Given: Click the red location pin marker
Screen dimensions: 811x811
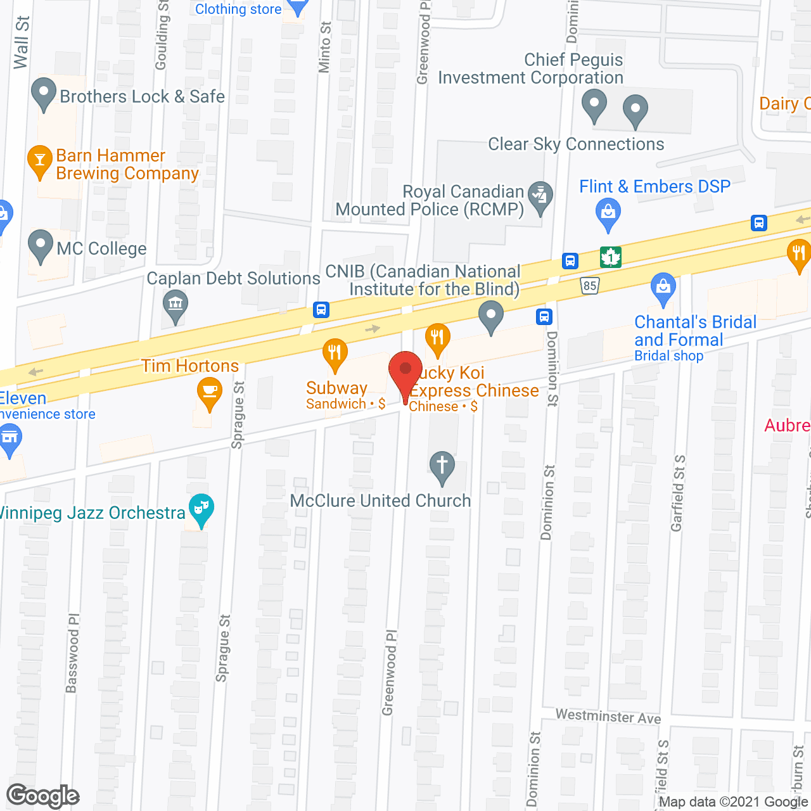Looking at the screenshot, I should pyautogui.click(x=405, y=371).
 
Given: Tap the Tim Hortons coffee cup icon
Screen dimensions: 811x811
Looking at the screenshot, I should pyautogui.click(x=209, y=392).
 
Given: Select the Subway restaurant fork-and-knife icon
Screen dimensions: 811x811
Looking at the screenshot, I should pyautogui.click(x=335, y=354).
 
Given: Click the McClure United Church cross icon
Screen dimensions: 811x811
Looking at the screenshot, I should pyautogui.click(x=442, y=466).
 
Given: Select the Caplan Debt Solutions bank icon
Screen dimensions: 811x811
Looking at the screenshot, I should pyautogui.click(x=175, y=304).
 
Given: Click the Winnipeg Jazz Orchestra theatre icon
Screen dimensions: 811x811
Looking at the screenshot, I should pyautogui.click(x=201, y=509).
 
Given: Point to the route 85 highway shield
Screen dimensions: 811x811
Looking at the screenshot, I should pyautogui.click(x=590, y=286).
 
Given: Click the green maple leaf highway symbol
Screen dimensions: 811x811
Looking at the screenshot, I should pyautogui.click(x=611, y=257).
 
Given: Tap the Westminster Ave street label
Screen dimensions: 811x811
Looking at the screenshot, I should pyautogui.click(x=608, y=717).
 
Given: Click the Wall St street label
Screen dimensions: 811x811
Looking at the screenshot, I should pyautogui.click(x=22, y=43).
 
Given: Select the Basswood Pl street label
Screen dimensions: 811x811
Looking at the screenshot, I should pyautogui.click(x=72, y=653).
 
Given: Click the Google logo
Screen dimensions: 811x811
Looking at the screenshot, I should pyautogui.click(x=42, y=796).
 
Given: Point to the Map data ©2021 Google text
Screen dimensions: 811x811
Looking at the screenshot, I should pyautogui.click(x=734, y=802).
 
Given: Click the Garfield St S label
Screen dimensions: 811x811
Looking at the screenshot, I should pyautogui.click(x=678, y=493).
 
